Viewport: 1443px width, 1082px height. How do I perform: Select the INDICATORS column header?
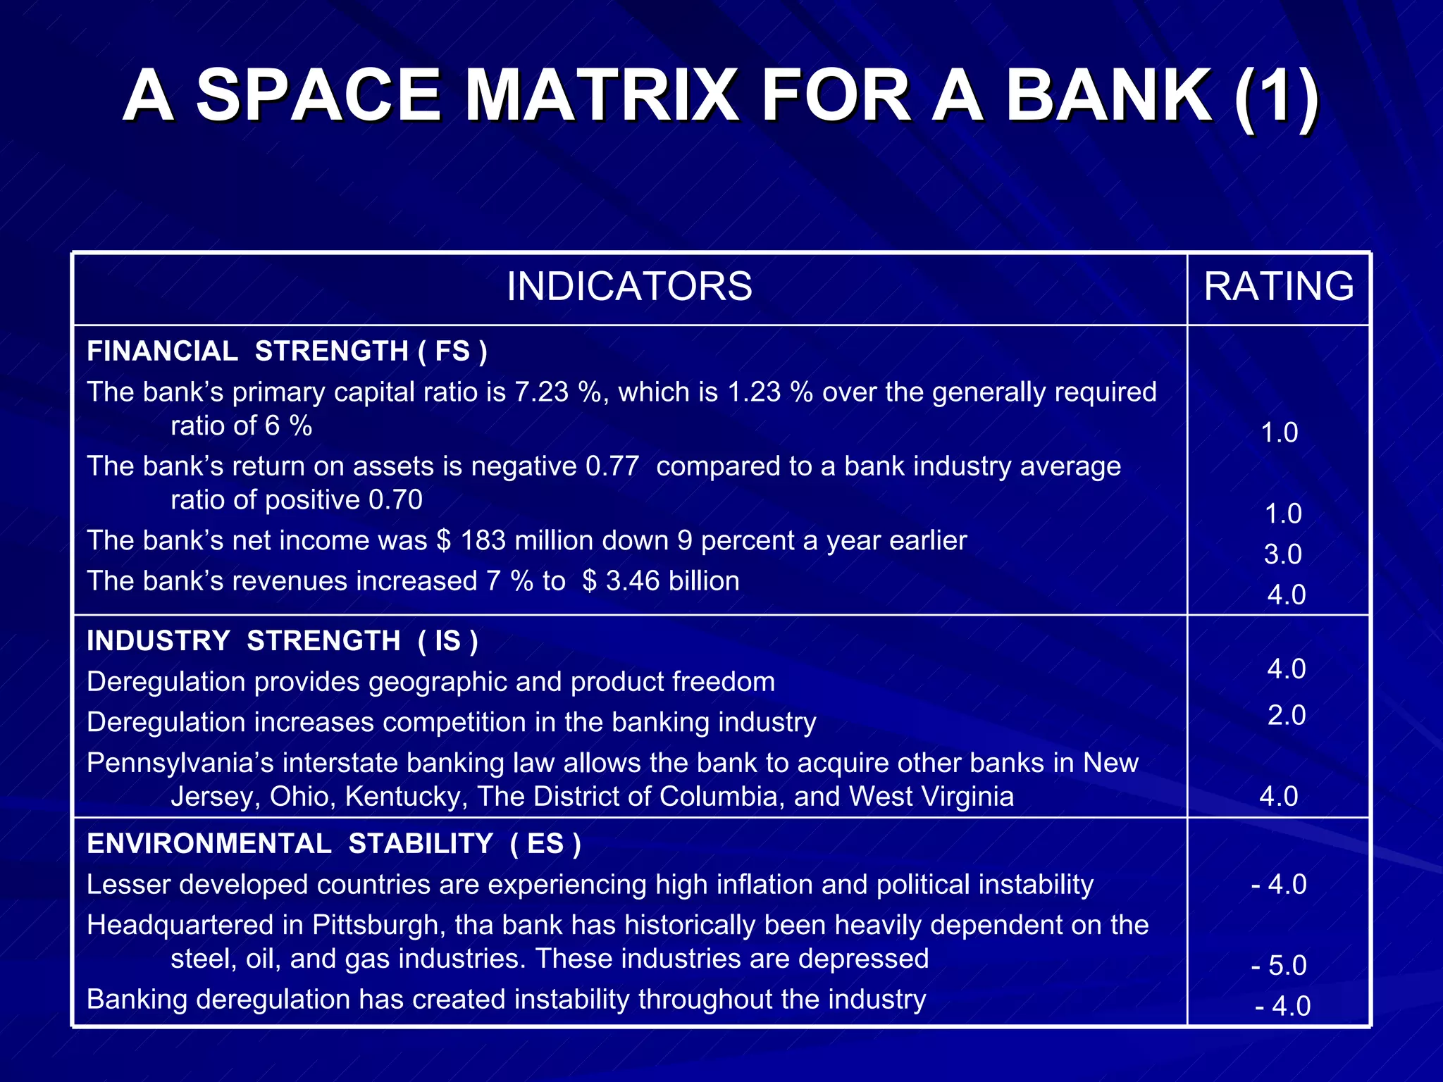629,287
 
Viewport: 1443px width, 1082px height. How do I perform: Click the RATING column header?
1278,287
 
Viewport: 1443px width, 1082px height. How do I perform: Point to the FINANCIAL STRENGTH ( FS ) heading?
287,351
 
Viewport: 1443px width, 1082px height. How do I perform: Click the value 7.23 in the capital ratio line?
541,392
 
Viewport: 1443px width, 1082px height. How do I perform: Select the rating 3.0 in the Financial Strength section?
1282,554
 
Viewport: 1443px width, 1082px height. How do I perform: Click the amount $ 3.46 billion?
661,581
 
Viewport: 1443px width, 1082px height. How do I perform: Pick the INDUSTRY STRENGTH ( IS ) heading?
282,641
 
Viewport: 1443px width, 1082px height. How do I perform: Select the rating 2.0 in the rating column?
1287,715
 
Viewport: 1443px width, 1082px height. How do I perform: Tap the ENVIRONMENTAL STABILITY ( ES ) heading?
333,843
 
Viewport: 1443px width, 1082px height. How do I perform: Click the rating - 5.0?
1279,965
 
